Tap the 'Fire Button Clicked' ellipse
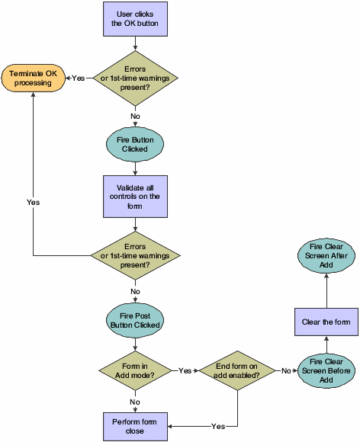pos(135,145)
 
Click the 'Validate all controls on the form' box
pos(135,196)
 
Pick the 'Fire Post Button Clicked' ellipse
pos(135,319)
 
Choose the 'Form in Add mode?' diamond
pos(135,370)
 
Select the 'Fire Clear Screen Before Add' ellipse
pos(326,370)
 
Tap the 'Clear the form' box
pos(326,322)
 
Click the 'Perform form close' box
pos(135,424)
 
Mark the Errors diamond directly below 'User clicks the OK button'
pos(135,78)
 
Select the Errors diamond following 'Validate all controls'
pos(135,254)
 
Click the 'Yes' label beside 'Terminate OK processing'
pos(79,78)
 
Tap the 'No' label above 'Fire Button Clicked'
pos(135,116)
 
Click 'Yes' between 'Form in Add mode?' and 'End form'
pos(185,370)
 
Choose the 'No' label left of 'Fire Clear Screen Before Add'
pos(284,370)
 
